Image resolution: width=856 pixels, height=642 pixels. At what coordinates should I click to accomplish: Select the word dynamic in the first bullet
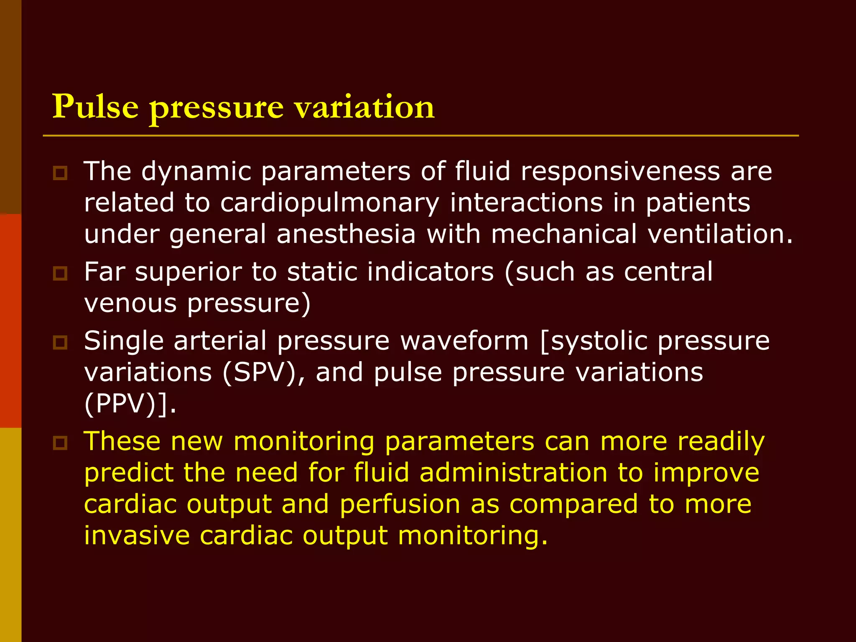pyautogui.click(x=196, y=172)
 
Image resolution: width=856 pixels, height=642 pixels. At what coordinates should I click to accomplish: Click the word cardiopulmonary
pyautogui.click(x=329, y=204)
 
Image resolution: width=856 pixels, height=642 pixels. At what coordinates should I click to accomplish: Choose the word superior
pyautogui.click(x=188, y=273)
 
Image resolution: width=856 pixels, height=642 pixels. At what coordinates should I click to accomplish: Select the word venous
pyautogui.click(x=130, y=303)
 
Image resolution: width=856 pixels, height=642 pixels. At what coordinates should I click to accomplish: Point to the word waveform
pyautogui.click(x=464, y=341)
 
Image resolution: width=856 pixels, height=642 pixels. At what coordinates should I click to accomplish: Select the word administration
pyautogui.click(x=513, y=473)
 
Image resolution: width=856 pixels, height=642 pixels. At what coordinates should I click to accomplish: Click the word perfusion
pyautogui.click(x=400, y=504)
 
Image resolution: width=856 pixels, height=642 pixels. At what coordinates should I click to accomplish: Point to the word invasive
pyautogui.click(x=137, y=535)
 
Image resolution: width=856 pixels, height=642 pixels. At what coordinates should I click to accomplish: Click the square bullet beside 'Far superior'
pyautogui.click(x=60, y=273)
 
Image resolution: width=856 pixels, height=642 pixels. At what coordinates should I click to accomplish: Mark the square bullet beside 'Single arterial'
pyautogui.click(x=60, y=342)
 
